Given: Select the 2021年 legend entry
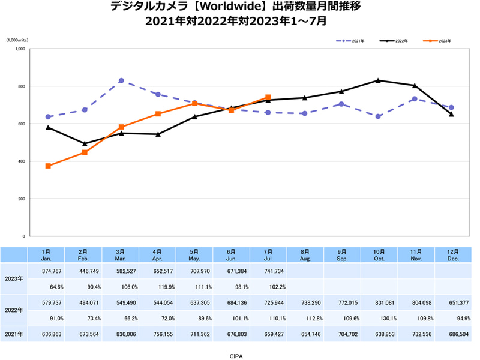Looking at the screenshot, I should (x=352, y=41).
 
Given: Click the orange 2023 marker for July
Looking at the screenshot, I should (x=268, y=97).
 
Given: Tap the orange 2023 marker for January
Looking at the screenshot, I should (x=48, y=166).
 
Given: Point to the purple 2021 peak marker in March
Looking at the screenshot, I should (x=121, y=80).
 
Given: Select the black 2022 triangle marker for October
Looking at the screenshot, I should (x=378, y=80).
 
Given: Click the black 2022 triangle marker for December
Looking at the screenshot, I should (x=451, y=114).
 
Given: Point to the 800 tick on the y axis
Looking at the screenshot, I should (x=20, y=86).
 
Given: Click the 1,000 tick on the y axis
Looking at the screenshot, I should (x=19, y=49).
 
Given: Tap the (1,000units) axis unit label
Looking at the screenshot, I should (x=22, y=40).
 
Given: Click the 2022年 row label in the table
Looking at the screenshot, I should (x=13, y=310).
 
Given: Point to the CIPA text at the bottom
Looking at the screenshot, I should (x=236, y=355).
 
